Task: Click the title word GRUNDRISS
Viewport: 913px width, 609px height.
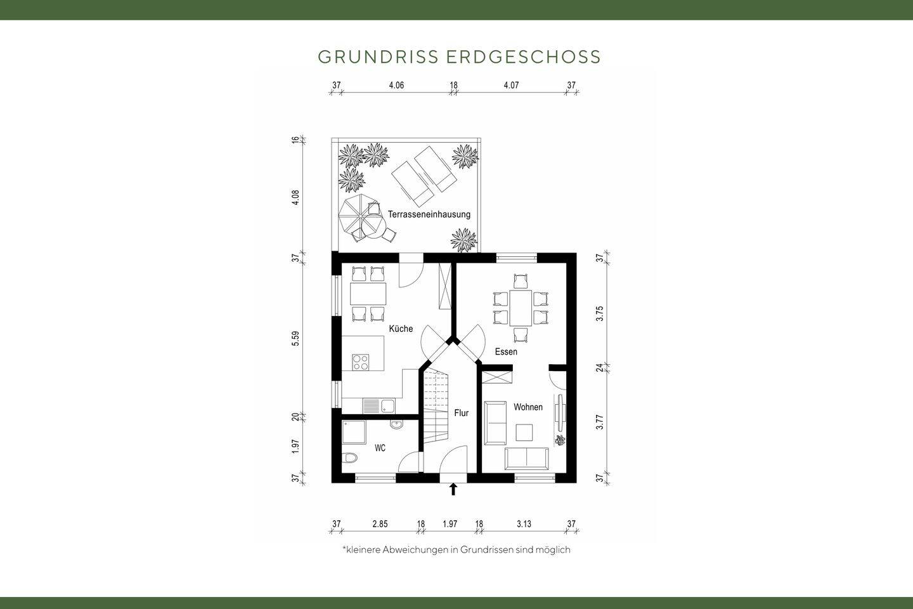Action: click(x=378, y=57)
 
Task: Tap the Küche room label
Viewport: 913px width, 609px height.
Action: click(x=401, y=329)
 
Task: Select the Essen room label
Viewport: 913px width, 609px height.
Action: click(x=506, y=351)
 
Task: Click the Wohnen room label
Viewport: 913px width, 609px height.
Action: click(x=528, y=407)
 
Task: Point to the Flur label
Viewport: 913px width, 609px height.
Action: click(x=461, y=413)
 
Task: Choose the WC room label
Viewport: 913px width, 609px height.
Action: click(x=380, y=448)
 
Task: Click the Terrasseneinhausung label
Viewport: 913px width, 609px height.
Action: click(x=429, y=214)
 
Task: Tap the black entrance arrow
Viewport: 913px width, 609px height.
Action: click(x=453, y=489)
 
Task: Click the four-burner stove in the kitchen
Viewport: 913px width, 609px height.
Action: click(x=361, y=362)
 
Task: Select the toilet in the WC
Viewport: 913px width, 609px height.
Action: click(x=350, y=458)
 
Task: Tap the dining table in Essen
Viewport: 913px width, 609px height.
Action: click(x=521, y=308)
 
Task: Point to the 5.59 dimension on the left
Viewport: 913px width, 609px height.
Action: click(x=295, y=339)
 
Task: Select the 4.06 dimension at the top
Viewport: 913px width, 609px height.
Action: click(x=396, y=85)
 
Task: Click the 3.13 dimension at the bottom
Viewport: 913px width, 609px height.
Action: click(x=524, y=524)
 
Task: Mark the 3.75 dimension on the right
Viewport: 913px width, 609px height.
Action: click(x=600, y=313)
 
